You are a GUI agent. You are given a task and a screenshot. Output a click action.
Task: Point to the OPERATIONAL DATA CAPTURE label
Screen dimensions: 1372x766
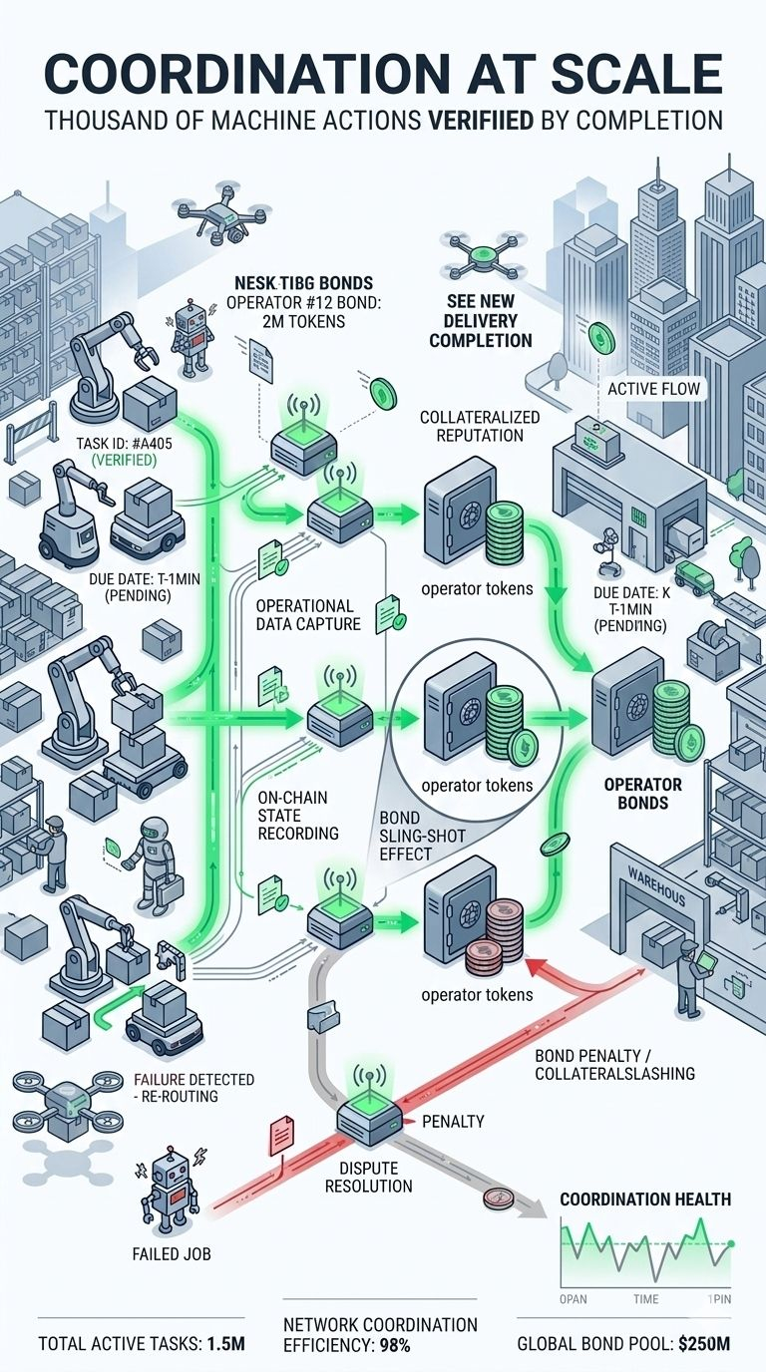(x=304, y=615)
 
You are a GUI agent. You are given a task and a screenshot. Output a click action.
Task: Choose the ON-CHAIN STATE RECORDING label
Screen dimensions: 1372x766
(x=298, y=815)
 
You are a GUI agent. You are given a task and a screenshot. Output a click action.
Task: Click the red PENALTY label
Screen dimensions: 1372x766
(x=454, y=1122)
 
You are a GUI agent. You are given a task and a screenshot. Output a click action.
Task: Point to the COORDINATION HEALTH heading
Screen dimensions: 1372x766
(x=645, y=1199)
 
